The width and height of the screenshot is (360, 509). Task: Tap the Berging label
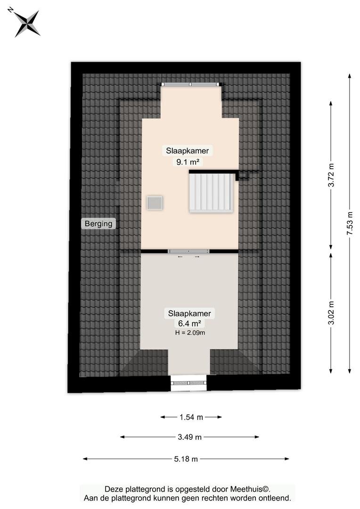click(98, 223)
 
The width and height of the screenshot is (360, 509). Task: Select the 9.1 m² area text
click(188, 162)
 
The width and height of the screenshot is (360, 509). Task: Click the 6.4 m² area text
click(189, 323)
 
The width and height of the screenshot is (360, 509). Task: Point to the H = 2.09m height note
click(190, 332)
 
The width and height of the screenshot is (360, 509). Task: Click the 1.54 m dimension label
click(191, 417)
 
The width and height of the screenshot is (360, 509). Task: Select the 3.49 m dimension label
click(189, 437)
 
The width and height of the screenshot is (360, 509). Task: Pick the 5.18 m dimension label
click(186, 459)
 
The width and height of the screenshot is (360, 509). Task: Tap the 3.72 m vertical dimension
click(331, 175)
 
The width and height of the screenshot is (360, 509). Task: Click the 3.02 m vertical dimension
click(331, 313)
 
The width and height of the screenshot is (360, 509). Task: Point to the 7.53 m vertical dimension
click(350, 223)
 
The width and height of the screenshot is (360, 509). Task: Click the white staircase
click(211, 192)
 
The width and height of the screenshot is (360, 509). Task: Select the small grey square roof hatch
click(155, 203)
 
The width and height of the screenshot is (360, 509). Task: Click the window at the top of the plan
click(191, 84)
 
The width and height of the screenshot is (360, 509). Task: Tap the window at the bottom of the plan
click(188, 383)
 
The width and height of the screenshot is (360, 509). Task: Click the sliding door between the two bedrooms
click(188, 251)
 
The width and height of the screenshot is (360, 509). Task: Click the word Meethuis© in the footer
click(250, 489)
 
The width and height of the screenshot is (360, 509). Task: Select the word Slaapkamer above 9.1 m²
click(188, 151)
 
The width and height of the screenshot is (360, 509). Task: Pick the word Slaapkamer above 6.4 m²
click(189, 313)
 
